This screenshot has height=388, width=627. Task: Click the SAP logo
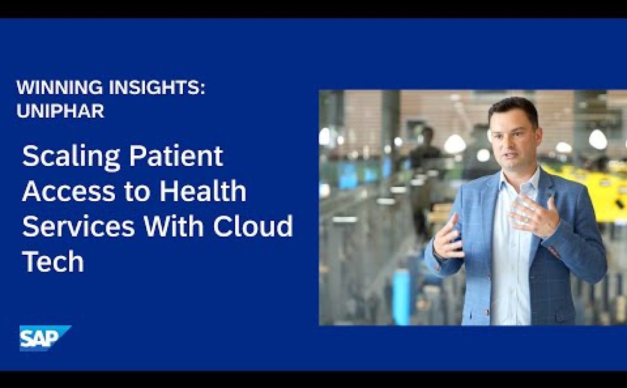tap(45, 338)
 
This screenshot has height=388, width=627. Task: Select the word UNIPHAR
tap(61, 111)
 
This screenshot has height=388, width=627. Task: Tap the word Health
tap(203, 191)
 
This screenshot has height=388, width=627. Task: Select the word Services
tap(78, 226)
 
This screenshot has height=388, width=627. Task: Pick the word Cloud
tap(253, 225)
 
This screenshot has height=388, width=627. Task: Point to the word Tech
tap(53, 261)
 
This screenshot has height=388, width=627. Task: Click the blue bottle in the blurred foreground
tap(401, 295)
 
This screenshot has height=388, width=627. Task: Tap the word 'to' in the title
tap(138, 192)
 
